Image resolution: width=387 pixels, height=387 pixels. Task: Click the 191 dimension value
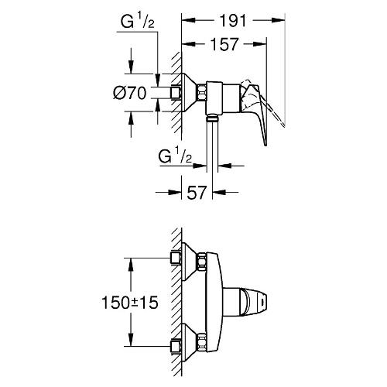(233, 21)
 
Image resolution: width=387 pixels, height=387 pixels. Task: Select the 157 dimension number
(224, 44)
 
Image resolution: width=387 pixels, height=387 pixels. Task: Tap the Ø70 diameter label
(130, 93)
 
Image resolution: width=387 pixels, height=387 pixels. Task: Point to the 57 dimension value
(197, 192)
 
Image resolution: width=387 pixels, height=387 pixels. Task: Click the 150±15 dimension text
(130, 303)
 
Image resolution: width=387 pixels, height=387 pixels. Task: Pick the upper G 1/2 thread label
(138, 22)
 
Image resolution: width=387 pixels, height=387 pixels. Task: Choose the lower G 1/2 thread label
(175, 156)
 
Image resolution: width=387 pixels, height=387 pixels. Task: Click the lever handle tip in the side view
(265, 143)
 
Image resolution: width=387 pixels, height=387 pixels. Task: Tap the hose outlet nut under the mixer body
(212, 118)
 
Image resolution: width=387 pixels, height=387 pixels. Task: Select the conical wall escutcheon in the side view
(189, 93)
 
